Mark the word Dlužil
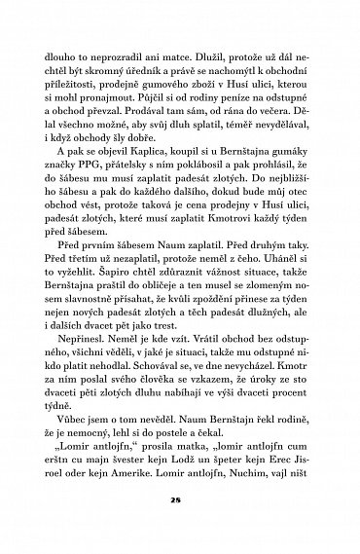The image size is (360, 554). pyautogui.click(x=219, y=43)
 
